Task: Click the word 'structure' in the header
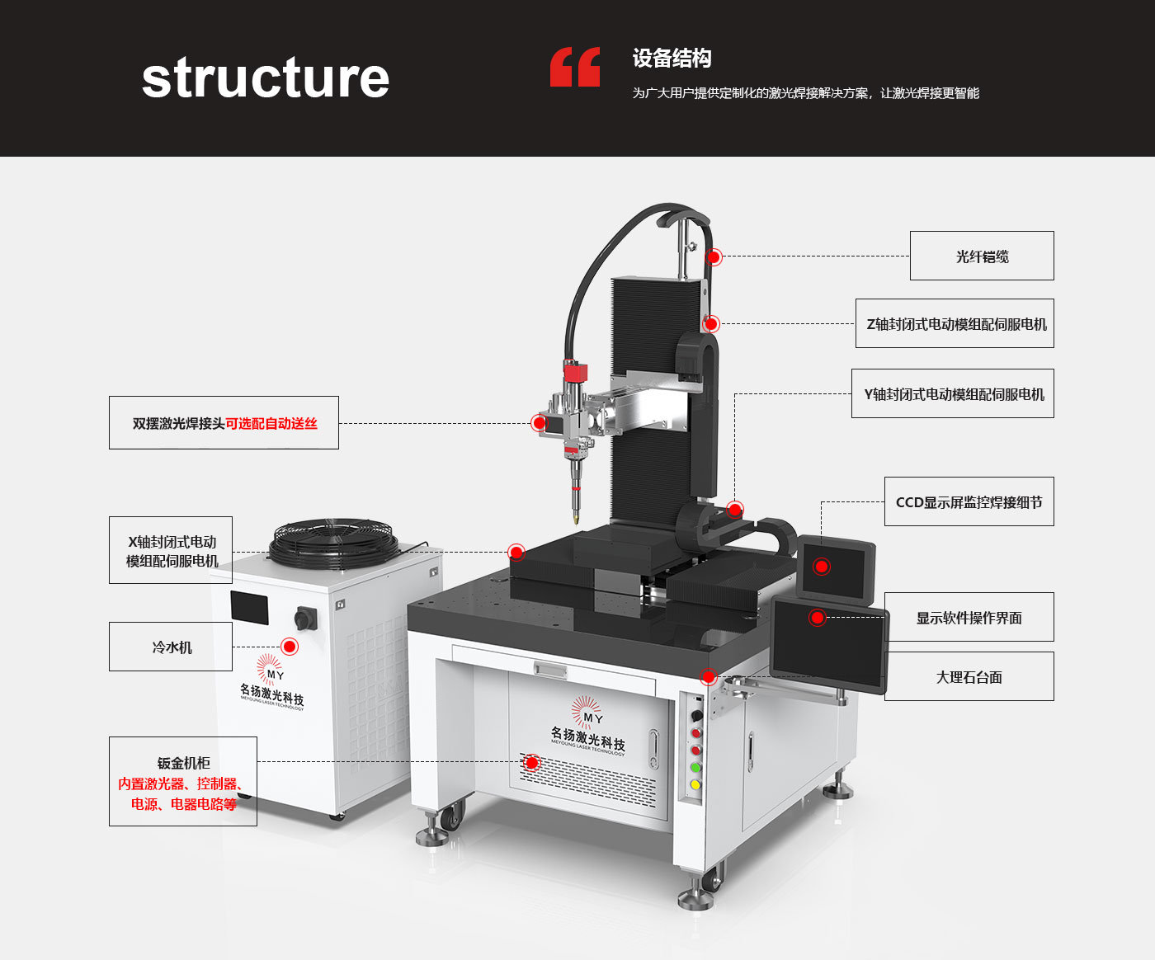[x=265, y=78]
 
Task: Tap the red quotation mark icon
[x=575, y=67]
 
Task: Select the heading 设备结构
[x=672, y=59]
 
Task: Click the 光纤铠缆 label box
[x=982, y=256]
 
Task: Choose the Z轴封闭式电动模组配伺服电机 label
[x=955, y=324]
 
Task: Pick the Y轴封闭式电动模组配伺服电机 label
[x=953, y=394]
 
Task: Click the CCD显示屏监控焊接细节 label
[x=969, y=502]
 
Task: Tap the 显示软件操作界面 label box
[x=969, y=618]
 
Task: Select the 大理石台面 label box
[x=969, y=677]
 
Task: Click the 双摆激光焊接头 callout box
[x=224, y=423]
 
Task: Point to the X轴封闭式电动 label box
[x=171, y=551]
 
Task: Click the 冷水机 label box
[x=171, y=647]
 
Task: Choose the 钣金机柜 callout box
[x=183, y=782]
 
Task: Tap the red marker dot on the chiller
[x=290, y=647]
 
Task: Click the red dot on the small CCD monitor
[x=822, y=567]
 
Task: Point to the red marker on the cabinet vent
[x=532, y=763]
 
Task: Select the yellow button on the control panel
[x=695, y=784]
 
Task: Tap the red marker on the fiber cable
[x=714, y=257]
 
